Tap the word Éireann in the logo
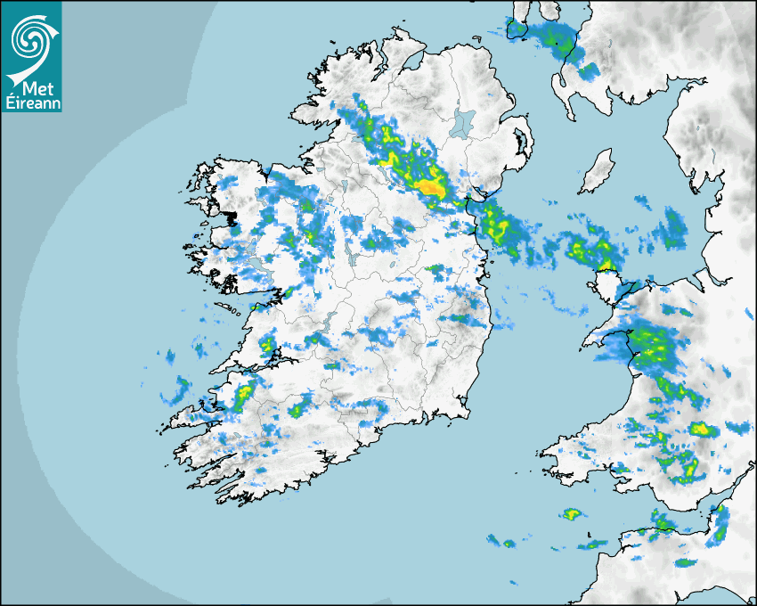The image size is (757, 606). click(x=32, y=104)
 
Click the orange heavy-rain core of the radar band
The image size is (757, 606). click(x=433, y=187)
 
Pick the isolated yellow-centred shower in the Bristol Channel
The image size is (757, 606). click(x=572, y=514)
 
